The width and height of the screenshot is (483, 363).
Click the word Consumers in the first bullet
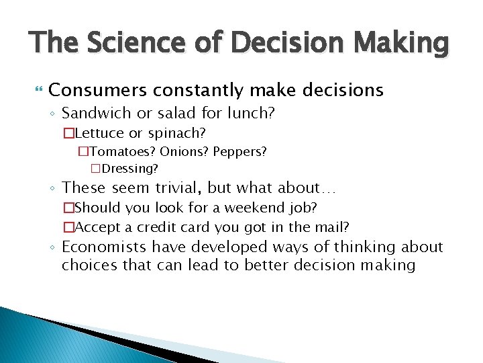point(97,89)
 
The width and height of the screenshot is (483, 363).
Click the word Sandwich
point(99,113)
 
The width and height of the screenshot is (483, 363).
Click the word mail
point(331,227)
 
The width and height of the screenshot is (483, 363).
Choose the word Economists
point(105,247)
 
